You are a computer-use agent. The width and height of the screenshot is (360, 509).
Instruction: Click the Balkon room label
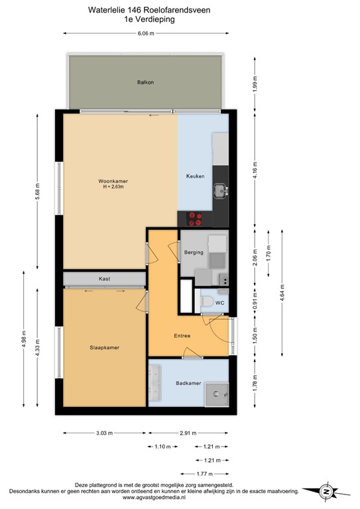[x=145, y=83]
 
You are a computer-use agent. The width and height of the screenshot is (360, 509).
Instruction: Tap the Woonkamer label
[x=113, y=181]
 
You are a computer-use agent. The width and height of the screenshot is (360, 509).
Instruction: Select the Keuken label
[x=195, y=176]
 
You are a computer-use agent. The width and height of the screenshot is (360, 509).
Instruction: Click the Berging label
[x=194, y=253]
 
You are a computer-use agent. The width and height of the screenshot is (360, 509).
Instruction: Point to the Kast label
[x=104, y=279]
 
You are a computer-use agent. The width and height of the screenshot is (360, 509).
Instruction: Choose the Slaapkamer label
[x=104, y=347]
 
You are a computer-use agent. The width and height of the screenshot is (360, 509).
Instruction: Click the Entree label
[x=182, y=336]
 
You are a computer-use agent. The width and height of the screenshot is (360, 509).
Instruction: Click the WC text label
[x=219, y=302]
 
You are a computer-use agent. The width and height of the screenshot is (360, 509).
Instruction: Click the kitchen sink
[x=219, y=192]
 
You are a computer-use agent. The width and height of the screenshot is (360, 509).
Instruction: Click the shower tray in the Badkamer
[x=215, y=394]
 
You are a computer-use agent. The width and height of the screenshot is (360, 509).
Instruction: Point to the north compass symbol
[x=326, y=491]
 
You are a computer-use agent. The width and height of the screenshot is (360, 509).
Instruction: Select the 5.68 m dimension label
[x=38, y=194]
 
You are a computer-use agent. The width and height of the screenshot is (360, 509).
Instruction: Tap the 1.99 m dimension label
[x=255, y=84]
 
